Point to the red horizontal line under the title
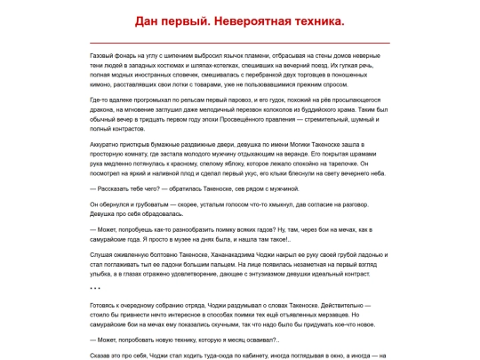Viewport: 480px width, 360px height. pos(240,42)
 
